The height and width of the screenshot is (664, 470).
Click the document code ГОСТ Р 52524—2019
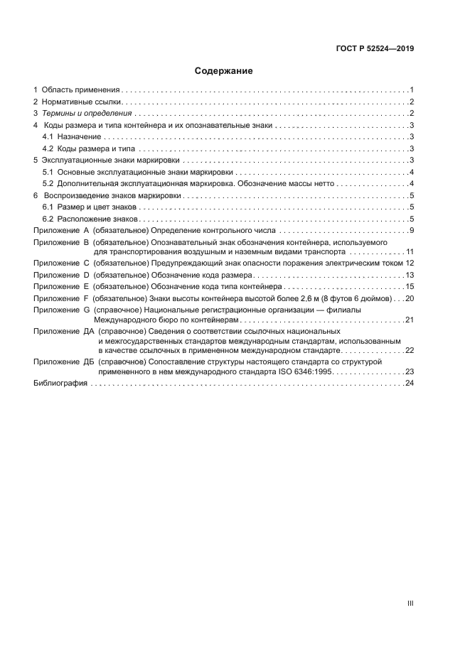pos(375,49)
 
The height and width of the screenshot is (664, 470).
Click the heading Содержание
pos(224,71)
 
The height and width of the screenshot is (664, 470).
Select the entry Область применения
pos(80,90)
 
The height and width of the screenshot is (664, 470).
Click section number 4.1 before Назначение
pos(48,136)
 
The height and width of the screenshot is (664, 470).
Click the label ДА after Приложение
pos(89,331)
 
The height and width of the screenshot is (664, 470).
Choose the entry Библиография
pos(60,383)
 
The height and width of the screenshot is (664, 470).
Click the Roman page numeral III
pos(410,603)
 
